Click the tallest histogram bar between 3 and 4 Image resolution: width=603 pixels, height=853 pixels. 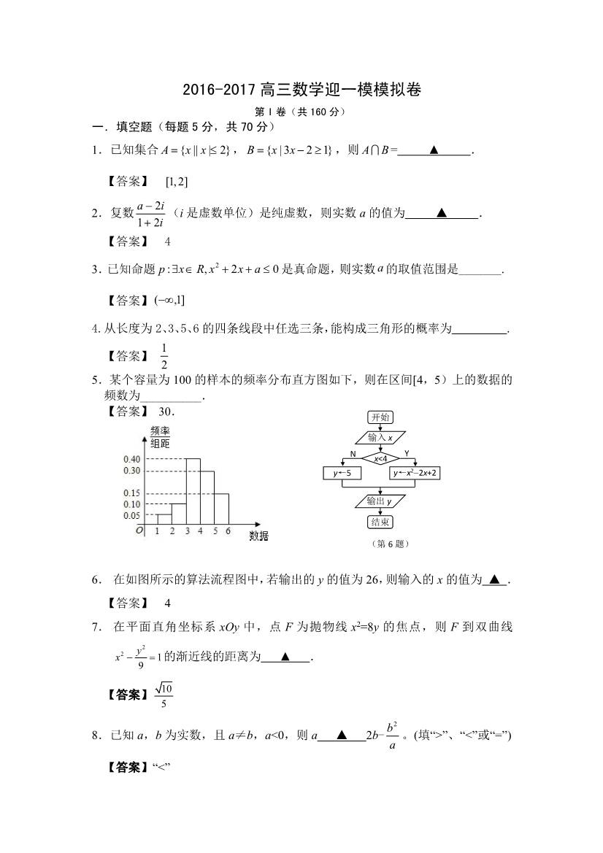click(x=193, y=490)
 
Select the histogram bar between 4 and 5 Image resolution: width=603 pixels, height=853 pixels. click(x=207, y=497)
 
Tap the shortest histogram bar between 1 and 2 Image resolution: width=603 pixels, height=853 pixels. click(x=164, y=519)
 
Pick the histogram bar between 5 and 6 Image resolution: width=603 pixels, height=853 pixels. click(x=222, y=509)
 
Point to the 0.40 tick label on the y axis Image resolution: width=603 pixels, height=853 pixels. click(x=131, y=459)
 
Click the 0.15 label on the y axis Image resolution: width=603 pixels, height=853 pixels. click(x=131, y=494)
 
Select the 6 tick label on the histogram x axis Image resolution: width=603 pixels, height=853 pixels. click(x=228, y=531)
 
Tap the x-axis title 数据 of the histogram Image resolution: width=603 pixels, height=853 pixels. click(x=258, y=536)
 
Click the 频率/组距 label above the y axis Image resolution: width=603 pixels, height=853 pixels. click(x=160, y=436)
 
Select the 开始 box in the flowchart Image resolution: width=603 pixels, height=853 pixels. click(x=380, y=417)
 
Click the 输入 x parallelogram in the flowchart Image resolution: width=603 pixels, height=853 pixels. click(x=380, y=438)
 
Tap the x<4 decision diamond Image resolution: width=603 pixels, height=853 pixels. click(x=380, y=458)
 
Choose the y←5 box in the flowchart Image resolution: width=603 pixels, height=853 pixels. click(x=342, y=474)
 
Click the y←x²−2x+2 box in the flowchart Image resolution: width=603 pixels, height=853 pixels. click(x=419, y=474)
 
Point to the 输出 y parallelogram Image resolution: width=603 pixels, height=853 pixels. click(x=380, y=501)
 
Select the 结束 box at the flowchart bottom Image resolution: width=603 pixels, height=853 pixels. click(x=380, y=522)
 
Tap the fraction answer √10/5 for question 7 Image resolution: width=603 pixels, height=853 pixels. click(x=164, y=695)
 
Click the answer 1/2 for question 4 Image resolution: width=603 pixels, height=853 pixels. click(x=164, y=357)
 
